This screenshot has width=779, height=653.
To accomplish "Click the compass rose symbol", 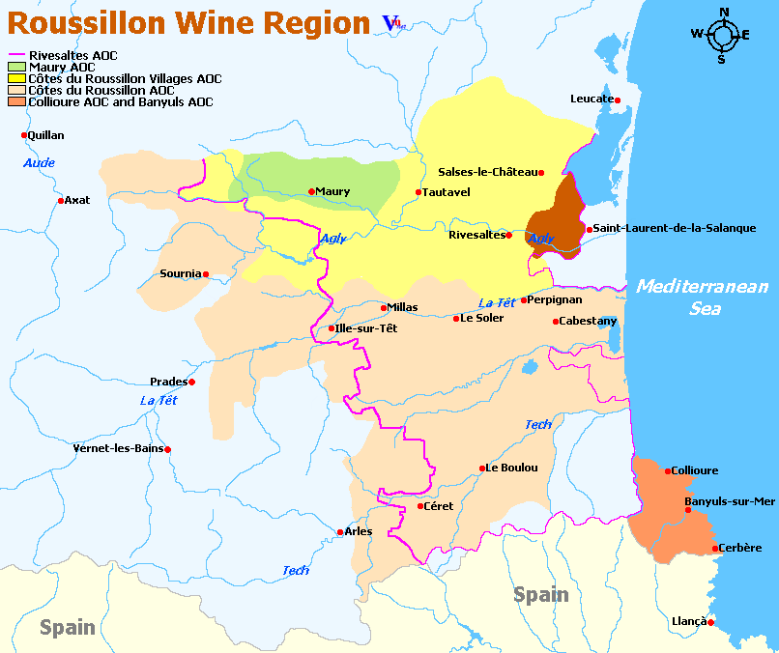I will click(721, 36).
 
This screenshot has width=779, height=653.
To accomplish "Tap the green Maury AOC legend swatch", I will click(17, 68).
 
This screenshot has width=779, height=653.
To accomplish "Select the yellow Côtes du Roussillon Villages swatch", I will click(17, 78).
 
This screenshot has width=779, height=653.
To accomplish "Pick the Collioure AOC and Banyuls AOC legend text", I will click(121, 101).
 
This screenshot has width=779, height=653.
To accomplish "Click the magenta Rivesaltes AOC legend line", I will click(17, 56).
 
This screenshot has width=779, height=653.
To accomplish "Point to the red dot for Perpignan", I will click(524, 300).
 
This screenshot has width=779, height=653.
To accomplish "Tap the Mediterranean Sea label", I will click(702, 297).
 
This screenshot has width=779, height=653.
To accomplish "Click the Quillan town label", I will click(46, 135).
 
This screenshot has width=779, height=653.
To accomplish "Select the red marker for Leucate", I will click(617, 99).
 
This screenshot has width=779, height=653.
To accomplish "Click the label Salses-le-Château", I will click(487, 172).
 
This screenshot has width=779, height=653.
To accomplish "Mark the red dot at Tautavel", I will click(418, 192).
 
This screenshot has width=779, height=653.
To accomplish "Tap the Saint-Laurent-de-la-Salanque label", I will click(675, 228).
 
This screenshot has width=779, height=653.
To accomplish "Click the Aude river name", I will click(39, 163).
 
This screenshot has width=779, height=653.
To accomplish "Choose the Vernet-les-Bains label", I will click(118, 449).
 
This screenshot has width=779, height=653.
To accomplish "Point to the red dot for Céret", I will click(419, 506).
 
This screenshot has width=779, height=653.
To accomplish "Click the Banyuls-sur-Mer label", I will click(730, 501).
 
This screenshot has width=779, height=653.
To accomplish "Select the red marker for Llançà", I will click(710, 623).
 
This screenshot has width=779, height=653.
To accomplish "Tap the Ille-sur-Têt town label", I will click(365, 328).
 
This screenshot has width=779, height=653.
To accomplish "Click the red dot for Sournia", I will click(206, 273).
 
